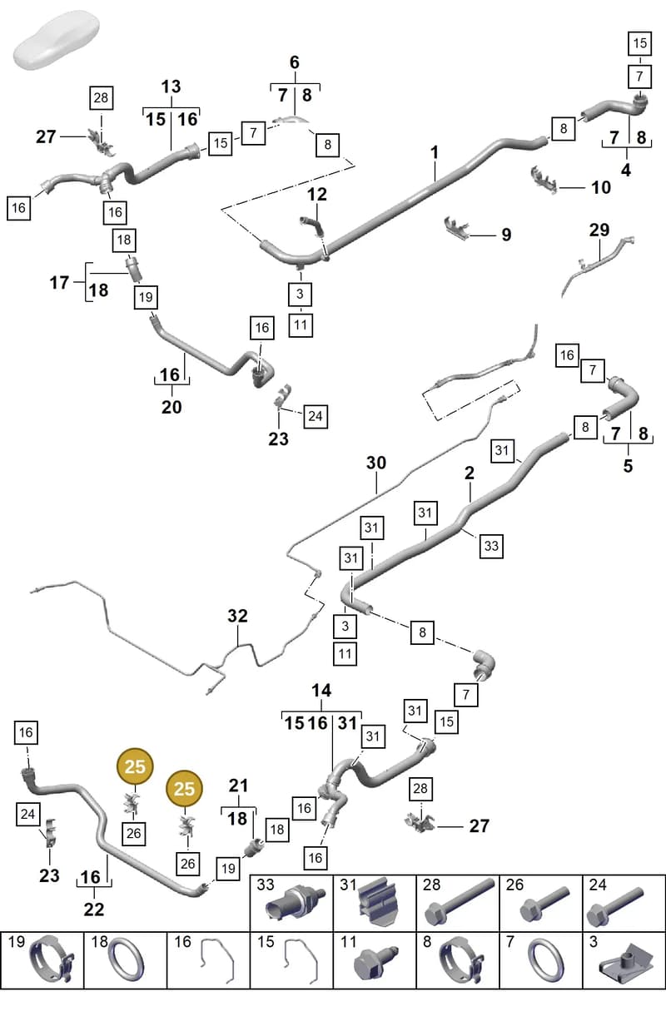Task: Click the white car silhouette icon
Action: (x=57, y=40)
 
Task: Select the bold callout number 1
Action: (x=435, y=152)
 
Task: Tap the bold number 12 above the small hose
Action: (x=316, y=195)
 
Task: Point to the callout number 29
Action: (x=599, y=230)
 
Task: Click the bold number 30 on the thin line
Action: (x=376, y=463)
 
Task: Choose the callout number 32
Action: (x=237, y=616)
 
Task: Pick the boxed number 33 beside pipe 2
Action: (x=491, y=546)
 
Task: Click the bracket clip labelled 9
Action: (x=457, y=228)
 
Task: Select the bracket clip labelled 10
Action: (x=544, y=180)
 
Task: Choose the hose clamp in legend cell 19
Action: (x=51, y=961)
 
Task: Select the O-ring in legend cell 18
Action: (x=127, y=960)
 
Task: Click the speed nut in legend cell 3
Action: (x=626, y=964)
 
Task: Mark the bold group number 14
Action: (x=321, y=690)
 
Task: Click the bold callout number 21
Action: (x=238, y=786)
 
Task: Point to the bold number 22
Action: (x=94, y=909)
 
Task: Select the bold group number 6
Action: (x=295, y=62)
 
